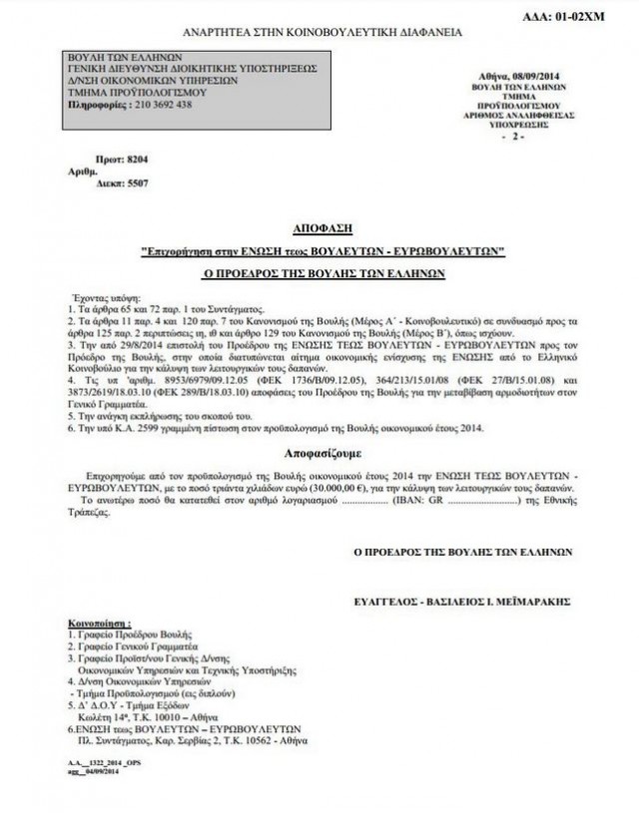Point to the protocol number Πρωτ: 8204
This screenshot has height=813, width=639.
pyautogui.click(x=120, y=157)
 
